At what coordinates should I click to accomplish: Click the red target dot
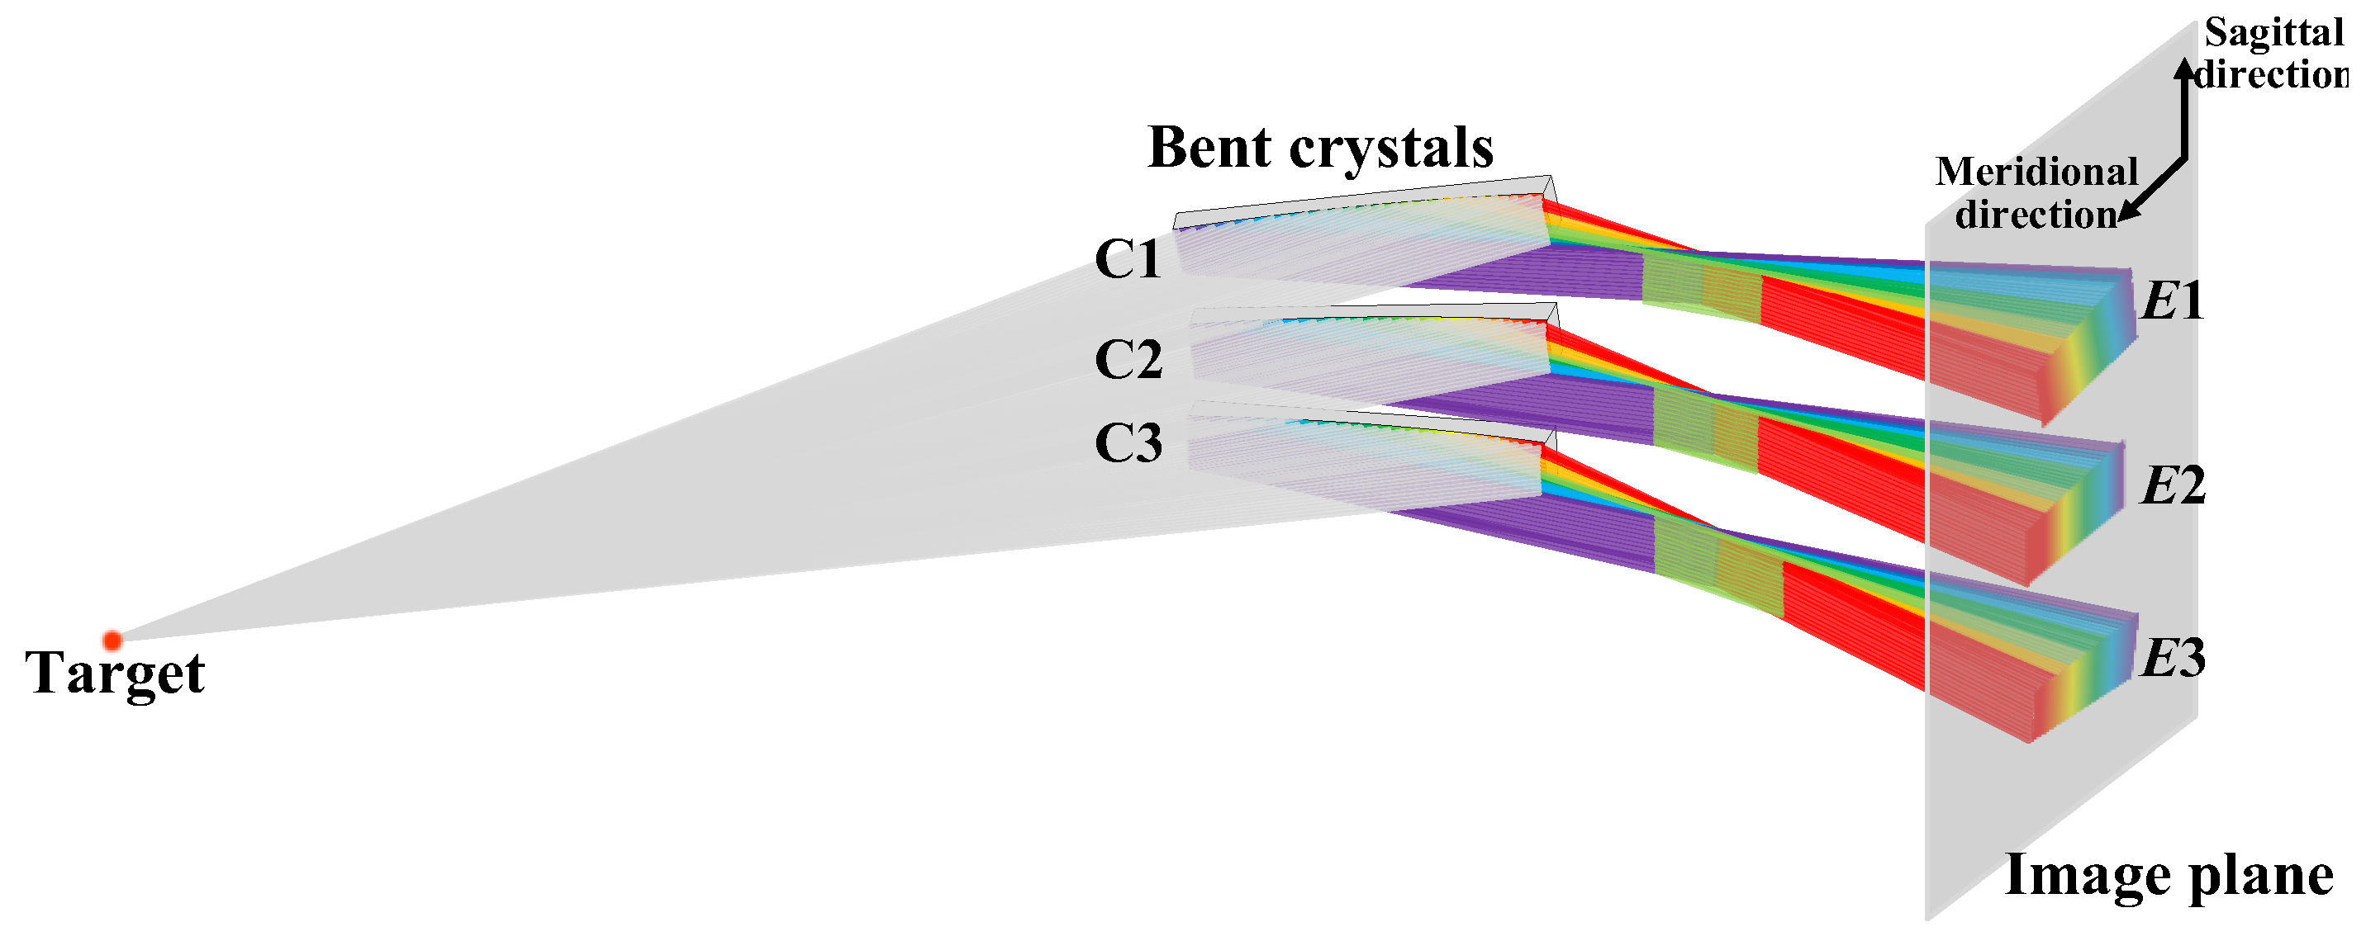(x=112, y=640)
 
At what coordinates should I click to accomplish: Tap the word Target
(x=115, y=674)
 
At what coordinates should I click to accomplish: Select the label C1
(x=1128, y=259)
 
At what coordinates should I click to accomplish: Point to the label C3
(x=1128, y=443)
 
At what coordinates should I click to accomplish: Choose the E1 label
(x=2172, y=301)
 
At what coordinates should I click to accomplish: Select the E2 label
(x=2172, y=485)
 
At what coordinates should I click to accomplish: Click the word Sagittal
(x=2273, y=33)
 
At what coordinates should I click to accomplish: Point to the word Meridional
(x=2037, y=173)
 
